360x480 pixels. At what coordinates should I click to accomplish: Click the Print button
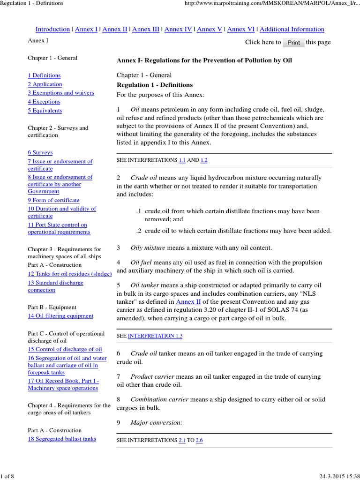click(293, 43)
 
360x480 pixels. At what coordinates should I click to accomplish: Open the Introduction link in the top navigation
click(52, 29)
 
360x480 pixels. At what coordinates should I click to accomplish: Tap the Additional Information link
click(292, 29)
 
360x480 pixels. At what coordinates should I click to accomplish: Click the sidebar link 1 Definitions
click(44, 75)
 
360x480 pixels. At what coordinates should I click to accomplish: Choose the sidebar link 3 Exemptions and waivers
click(60, 93)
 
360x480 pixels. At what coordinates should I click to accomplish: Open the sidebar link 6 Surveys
click(40, 153)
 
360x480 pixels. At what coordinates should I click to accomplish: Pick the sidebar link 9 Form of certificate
click(53, 200)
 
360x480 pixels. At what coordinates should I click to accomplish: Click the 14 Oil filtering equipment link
click(60, 316)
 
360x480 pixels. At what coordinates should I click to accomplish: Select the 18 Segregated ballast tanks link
click(62, 439)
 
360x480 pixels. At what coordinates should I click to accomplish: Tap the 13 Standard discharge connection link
click(55, 286)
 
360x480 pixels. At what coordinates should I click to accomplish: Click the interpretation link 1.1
click(182, 160)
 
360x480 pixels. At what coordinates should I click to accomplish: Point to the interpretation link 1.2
click(204, 160)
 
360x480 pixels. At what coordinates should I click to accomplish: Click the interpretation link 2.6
click(199, 441)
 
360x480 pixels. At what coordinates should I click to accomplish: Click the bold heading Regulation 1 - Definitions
click(155, 85)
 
